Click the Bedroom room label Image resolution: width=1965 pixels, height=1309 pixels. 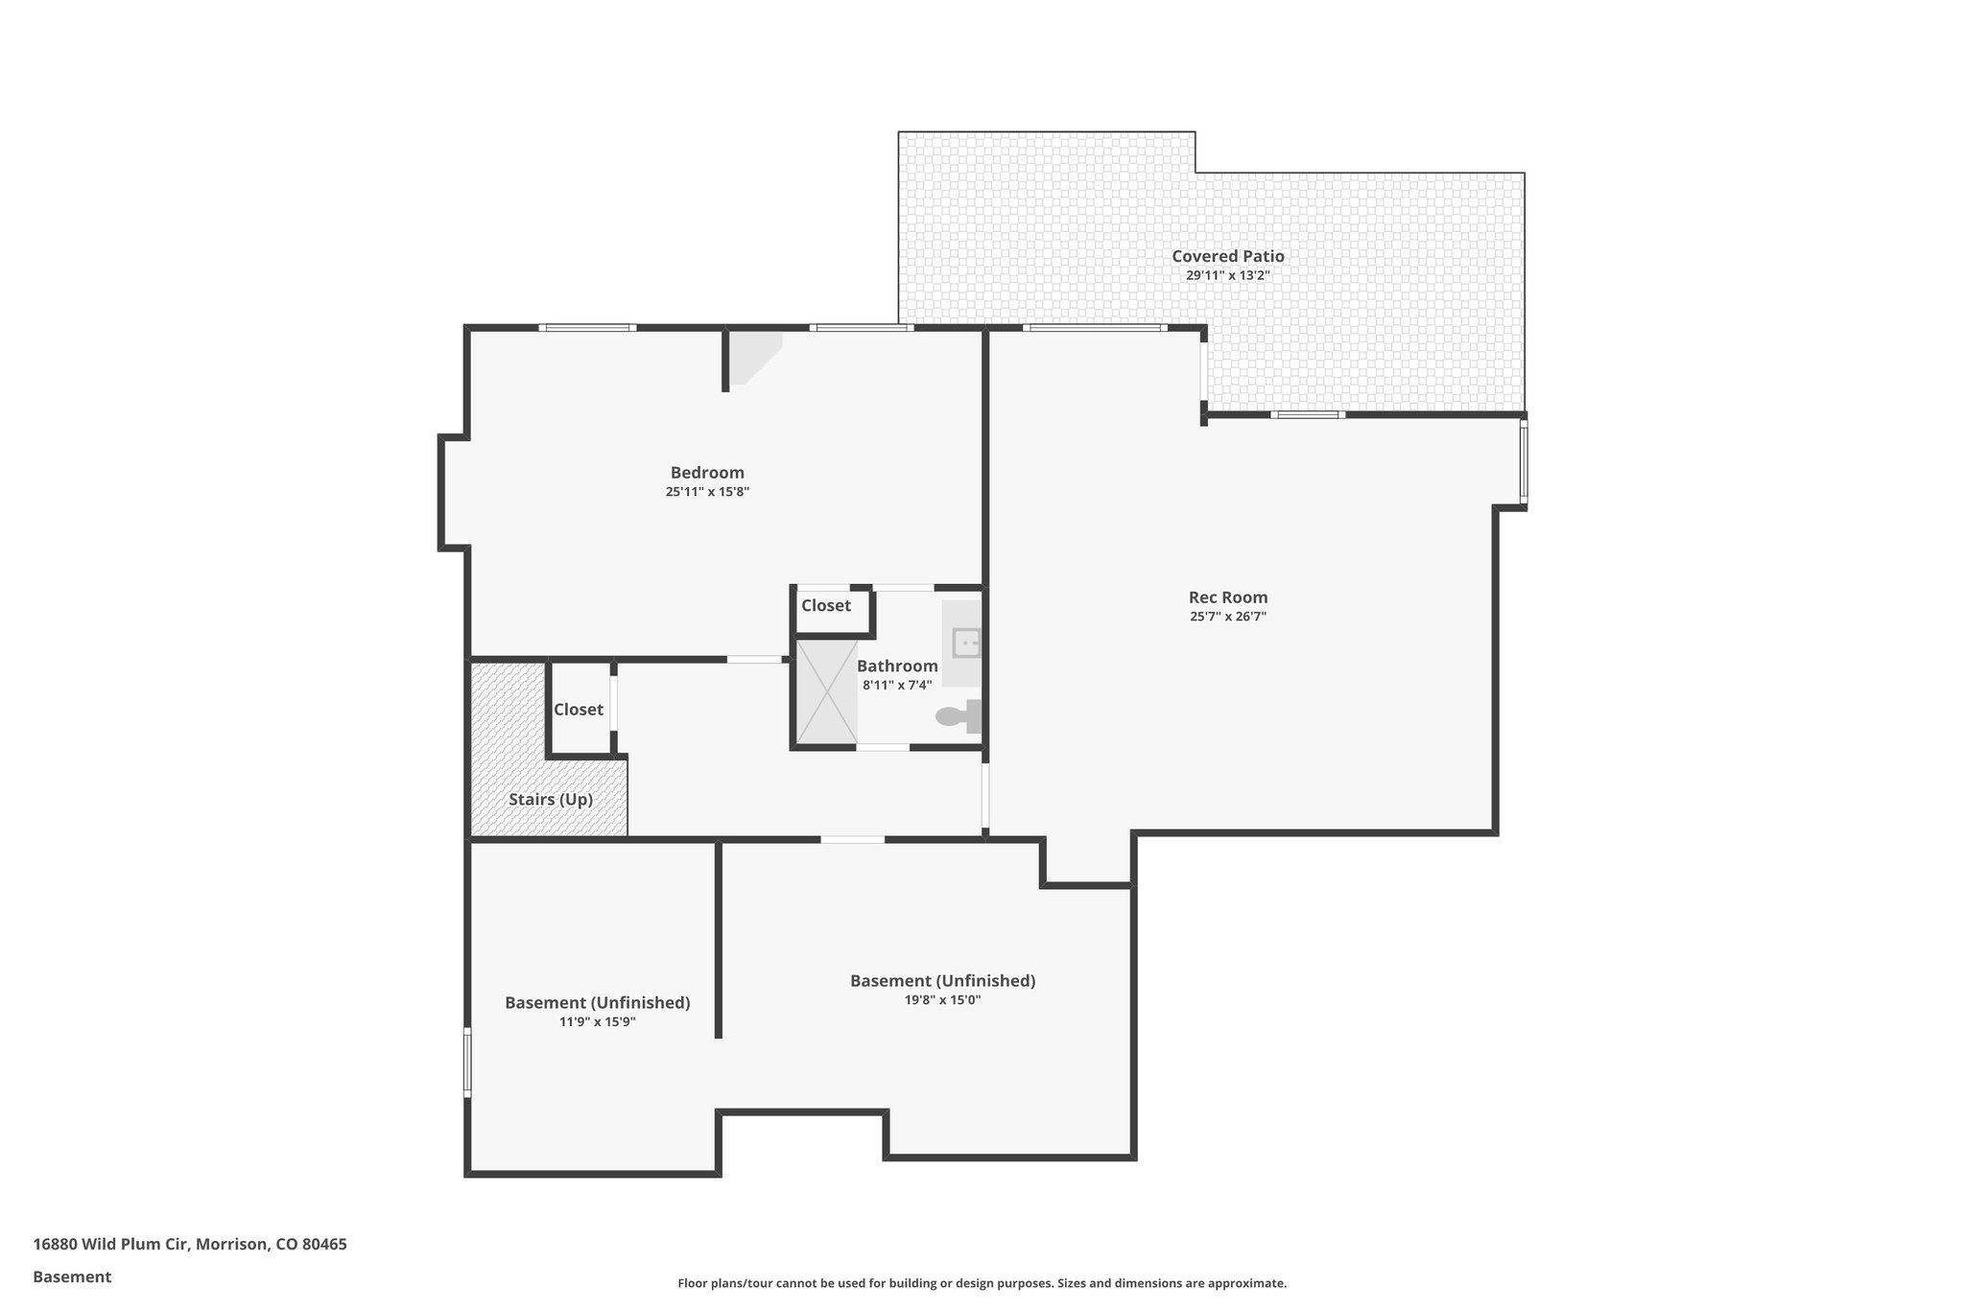click(707, 472)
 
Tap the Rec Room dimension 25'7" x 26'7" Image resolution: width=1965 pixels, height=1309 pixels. click(1228, 617)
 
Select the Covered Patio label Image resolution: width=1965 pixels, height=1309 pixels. click(1227, 256)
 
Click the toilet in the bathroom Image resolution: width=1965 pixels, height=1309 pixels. click(958, 715)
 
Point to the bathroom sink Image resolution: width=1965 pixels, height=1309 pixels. click(965, 643)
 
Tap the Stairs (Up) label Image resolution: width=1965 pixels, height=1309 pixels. click(550, 799)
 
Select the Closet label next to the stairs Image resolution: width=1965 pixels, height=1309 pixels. click(578, 709)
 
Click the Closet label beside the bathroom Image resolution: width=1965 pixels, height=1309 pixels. click(825, 605)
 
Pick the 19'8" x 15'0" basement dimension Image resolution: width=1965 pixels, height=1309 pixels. click(942, 1000)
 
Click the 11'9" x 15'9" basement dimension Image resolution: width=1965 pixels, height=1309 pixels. click(597, 1022)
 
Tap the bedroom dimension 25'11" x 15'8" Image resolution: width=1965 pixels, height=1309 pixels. click(707, 492)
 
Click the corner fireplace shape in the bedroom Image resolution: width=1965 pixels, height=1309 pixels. click(751, 356)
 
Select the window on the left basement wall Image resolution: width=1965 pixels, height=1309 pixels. click(467, 1062)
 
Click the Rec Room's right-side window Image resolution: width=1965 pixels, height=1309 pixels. click(1524, 463)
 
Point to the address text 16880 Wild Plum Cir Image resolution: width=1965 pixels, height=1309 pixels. click(190, 1244)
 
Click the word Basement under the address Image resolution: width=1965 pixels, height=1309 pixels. click(72, 1276)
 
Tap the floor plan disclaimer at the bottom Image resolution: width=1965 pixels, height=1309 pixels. click(982, 1283)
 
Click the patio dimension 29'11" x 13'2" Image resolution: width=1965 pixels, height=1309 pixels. click(1227, 275)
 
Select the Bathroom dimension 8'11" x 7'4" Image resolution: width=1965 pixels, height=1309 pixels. click(896, 685)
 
